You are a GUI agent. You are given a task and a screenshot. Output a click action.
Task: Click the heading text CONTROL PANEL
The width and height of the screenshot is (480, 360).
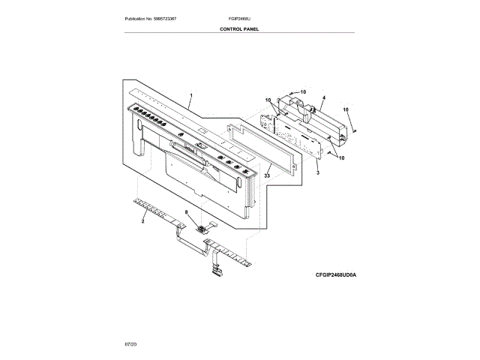240,28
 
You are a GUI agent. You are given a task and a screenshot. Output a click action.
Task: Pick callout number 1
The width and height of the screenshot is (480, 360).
190,96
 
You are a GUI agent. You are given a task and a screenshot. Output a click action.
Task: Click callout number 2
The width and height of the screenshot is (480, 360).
143,221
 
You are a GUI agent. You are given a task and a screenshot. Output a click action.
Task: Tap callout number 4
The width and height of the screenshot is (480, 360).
323,98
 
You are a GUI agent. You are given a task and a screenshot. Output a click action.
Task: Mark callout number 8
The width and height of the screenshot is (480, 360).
187,212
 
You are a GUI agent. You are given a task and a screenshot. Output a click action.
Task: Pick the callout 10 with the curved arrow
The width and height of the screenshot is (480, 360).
303,91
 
